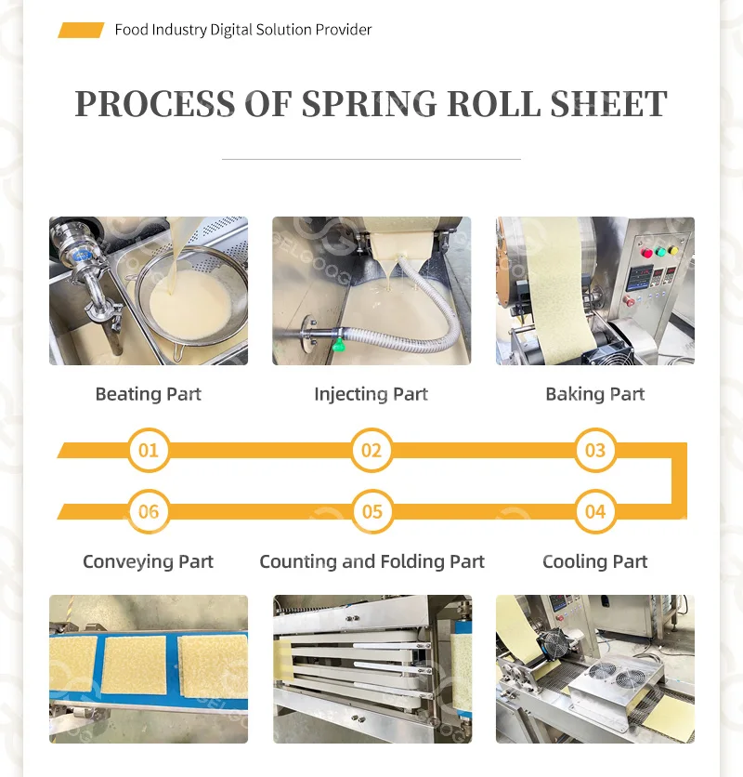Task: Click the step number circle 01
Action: point(149,451)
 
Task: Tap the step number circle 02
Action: point(371,451)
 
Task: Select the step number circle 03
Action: point(595,451)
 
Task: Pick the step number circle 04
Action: point(595,511)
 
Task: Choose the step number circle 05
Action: point(371,511)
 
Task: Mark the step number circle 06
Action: point(149,511)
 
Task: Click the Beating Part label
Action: point(149,394)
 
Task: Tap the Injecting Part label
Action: point(371,394)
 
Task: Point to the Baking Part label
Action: point(595,394)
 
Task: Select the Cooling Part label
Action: point(595,561)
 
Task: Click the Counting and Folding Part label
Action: point(371,561)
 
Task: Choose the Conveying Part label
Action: point(149,561)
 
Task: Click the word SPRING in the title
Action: point(369,103)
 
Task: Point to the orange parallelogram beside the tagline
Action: point(81,30)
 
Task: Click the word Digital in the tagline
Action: point(233,30)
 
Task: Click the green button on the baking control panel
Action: point(661,251)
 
